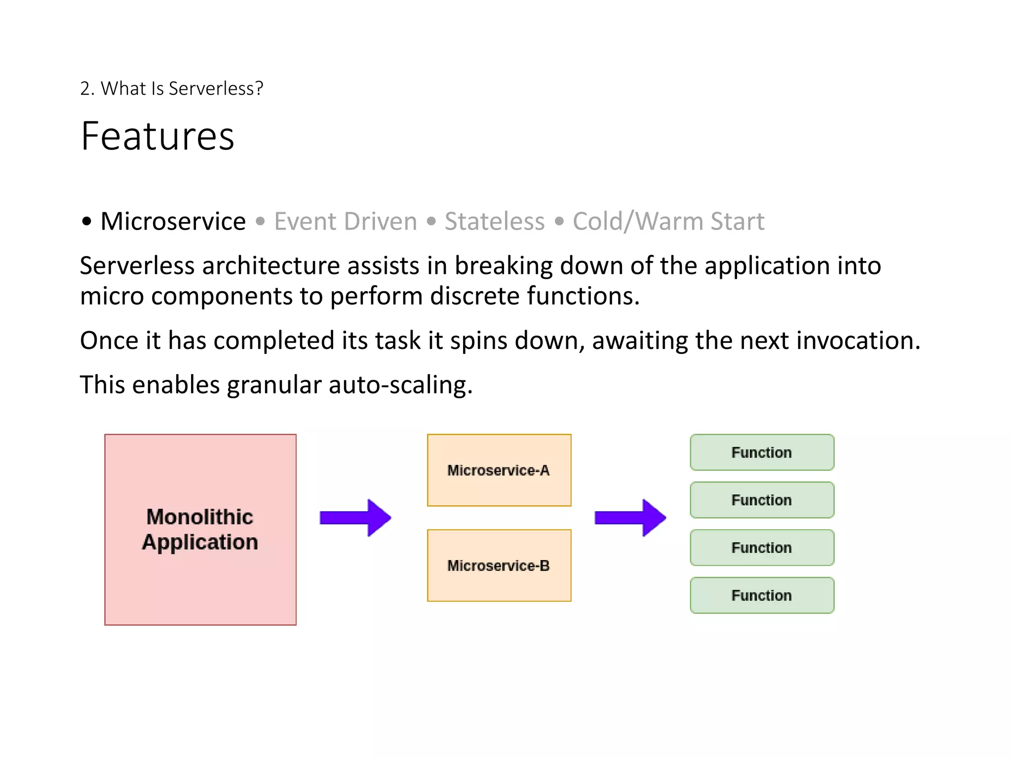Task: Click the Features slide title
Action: coord(157,136)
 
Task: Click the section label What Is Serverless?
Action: coord(171,89)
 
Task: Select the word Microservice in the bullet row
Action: coord(173,221)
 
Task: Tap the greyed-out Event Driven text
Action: coord(346,221)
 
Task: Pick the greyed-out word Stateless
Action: coord(494,221)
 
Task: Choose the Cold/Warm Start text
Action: coord(668,221)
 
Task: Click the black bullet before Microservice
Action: coord(87,222)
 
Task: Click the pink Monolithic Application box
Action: coord(200,530)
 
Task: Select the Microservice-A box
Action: coord(499,470)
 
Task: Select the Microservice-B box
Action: coord(499,566)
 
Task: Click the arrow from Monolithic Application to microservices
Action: coord(355,518)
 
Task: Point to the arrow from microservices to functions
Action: coord(630,518)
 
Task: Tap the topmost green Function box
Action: coord(762,453)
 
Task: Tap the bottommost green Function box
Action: coord(762,596)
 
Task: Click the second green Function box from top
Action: coord(762,500)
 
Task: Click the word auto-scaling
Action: coord(400,385)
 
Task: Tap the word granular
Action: coord(274,385)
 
